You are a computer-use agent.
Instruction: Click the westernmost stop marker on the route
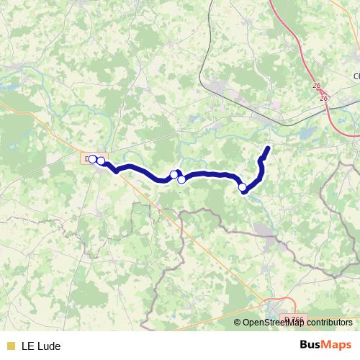93,159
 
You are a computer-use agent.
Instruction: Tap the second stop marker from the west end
101,161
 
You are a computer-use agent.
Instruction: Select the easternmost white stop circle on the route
243,188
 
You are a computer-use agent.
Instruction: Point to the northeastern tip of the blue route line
268,148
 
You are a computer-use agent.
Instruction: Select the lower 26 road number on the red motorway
323,98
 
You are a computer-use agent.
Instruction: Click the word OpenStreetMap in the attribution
276,323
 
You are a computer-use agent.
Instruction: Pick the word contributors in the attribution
330,323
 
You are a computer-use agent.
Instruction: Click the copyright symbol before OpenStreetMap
238,323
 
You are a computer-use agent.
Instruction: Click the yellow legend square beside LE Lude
10,346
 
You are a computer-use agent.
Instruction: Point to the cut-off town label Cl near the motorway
356,76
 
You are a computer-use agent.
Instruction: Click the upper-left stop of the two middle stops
174,174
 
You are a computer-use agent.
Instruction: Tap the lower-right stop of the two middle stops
181,180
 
